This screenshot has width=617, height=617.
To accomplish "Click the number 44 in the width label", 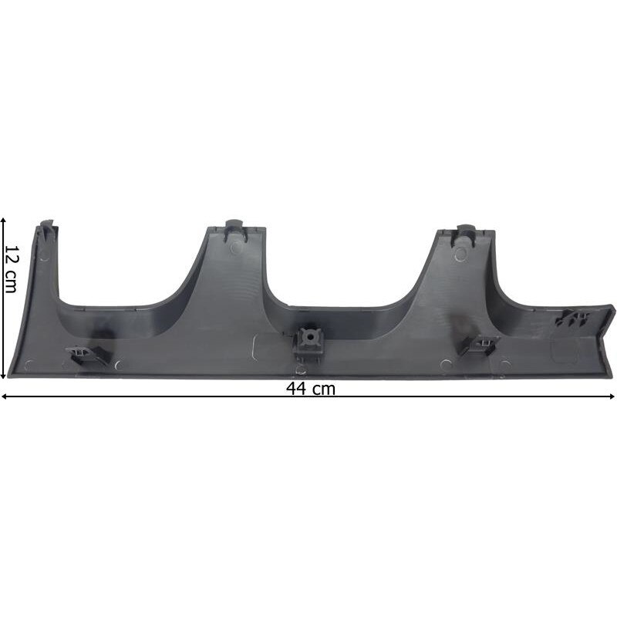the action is [x=296, y=389].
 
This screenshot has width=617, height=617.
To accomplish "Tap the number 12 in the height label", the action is [x=11, y=255].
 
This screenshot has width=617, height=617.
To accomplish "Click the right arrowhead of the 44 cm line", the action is [x=612, y=396].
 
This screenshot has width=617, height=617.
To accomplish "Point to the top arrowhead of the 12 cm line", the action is [x=3, y=221].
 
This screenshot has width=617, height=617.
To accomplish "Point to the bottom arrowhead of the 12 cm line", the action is [x=3, y=376].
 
